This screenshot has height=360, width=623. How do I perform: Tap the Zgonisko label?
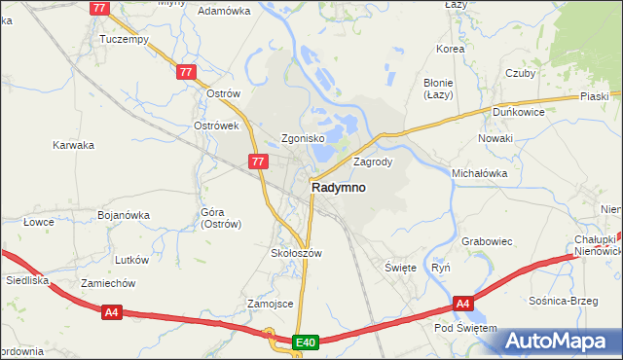303,138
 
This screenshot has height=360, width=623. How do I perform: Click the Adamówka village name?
224,11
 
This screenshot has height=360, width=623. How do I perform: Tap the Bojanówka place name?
124,215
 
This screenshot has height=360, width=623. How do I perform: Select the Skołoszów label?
295,252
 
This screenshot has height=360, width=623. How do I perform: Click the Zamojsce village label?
271,304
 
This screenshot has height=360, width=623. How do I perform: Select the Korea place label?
451,49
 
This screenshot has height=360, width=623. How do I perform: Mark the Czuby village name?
521,73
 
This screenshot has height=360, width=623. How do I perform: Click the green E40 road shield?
306,342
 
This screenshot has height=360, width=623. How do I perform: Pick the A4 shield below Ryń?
463,305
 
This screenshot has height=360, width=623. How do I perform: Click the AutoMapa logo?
559,342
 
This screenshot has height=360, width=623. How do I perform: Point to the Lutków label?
131,260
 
